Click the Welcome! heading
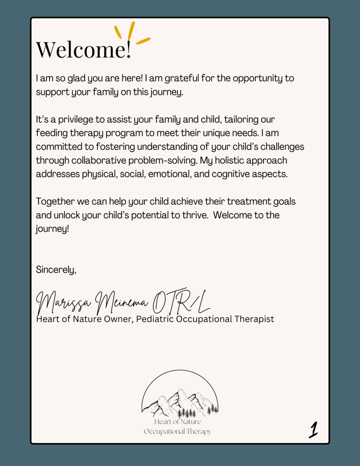[x=83, y=49]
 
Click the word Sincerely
[x=56, y=269]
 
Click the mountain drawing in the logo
[x=180, y=401]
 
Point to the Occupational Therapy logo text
[x=177, y=431]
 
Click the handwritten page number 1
[x=313, y=429]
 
